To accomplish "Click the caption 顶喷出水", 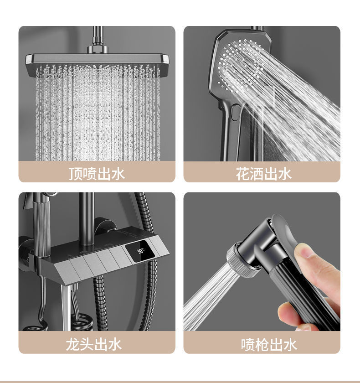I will coord(97,173).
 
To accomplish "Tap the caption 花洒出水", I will coord(263,173).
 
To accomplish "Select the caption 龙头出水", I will coord(94,344).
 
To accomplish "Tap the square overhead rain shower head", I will coord(97,60).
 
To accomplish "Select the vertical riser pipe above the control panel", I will coord(86,214).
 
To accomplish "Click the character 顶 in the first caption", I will coord(76,173).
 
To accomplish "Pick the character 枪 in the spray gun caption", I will coord(262,345).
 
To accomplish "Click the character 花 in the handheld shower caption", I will coord(242,173).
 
